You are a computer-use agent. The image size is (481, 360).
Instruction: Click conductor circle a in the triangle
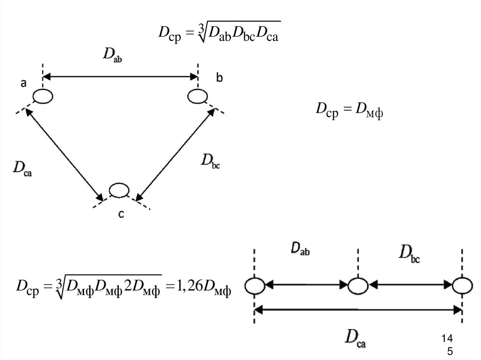click(x=43, y=96)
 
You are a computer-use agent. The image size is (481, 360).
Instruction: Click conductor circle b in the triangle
click(x=197, y=97)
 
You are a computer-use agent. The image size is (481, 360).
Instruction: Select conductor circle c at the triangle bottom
click(x=119, y=190)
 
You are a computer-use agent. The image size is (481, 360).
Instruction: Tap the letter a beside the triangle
click(x=23, y=83)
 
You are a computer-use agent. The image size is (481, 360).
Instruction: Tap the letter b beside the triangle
click(x=219, y=78)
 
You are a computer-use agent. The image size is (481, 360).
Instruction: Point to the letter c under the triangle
click(x=121, y=214)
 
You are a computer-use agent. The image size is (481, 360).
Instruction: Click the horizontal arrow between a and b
click(x=120, y=76)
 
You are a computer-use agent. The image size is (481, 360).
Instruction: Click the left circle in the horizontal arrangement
click(x=254, y=285)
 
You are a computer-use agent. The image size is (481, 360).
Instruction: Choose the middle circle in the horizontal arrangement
click(x=357, y=285)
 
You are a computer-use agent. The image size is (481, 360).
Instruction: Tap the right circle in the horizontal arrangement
click(x=462, y=285)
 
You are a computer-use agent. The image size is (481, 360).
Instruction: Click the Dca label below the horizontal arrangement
click(x=356, y=338)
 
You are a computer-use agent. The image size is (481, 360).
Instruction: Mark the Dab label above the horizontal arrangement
click(x=299, y=249)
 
